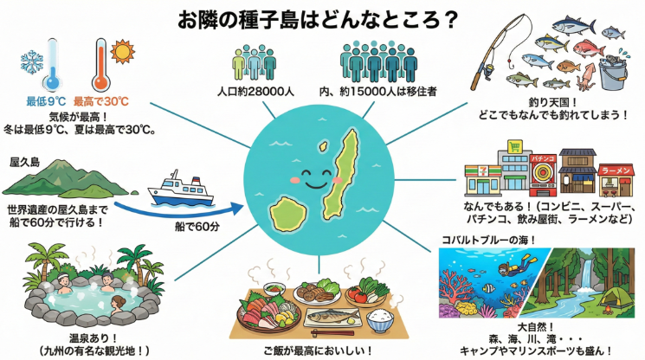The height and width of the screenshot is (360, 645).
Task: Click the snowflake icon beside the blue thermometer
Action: click(x=32, y=62)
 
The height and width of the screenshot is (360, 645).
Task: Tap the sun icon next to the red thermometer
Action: click(x=122, y=51)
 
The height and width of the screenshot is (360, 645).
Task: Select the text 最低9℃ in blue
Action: click(x=46, y=101)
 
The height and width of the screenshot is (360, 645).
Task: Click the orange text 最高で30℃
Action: click(x=101, y=101)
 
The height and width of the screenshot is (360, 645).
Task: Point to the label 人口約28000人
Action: click(x=255, y=91)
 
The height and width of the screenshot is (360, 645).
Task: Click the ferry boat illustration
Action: click(x=182, y=189)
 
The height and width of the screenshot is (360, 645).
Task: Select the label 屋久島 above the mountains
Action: click(x=25, y=163)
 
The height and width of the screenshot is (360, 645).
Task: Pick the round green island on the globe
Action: click(x=288, y=213)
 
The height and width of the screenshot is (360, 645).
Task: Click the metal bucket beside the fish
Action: click(x=613, y=73)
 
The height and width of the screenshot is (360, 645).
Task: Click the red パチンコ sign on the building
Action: click(x=543, y=158)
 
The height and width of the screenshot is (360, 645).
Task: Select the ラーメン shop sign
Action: click(x=616, y=170)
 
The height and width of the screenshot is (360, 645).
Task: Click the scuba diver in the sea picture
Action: click(x=515, y=265)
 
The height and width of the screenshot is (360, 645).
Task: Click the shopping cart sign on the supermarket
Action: click(x=514, y=146)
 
